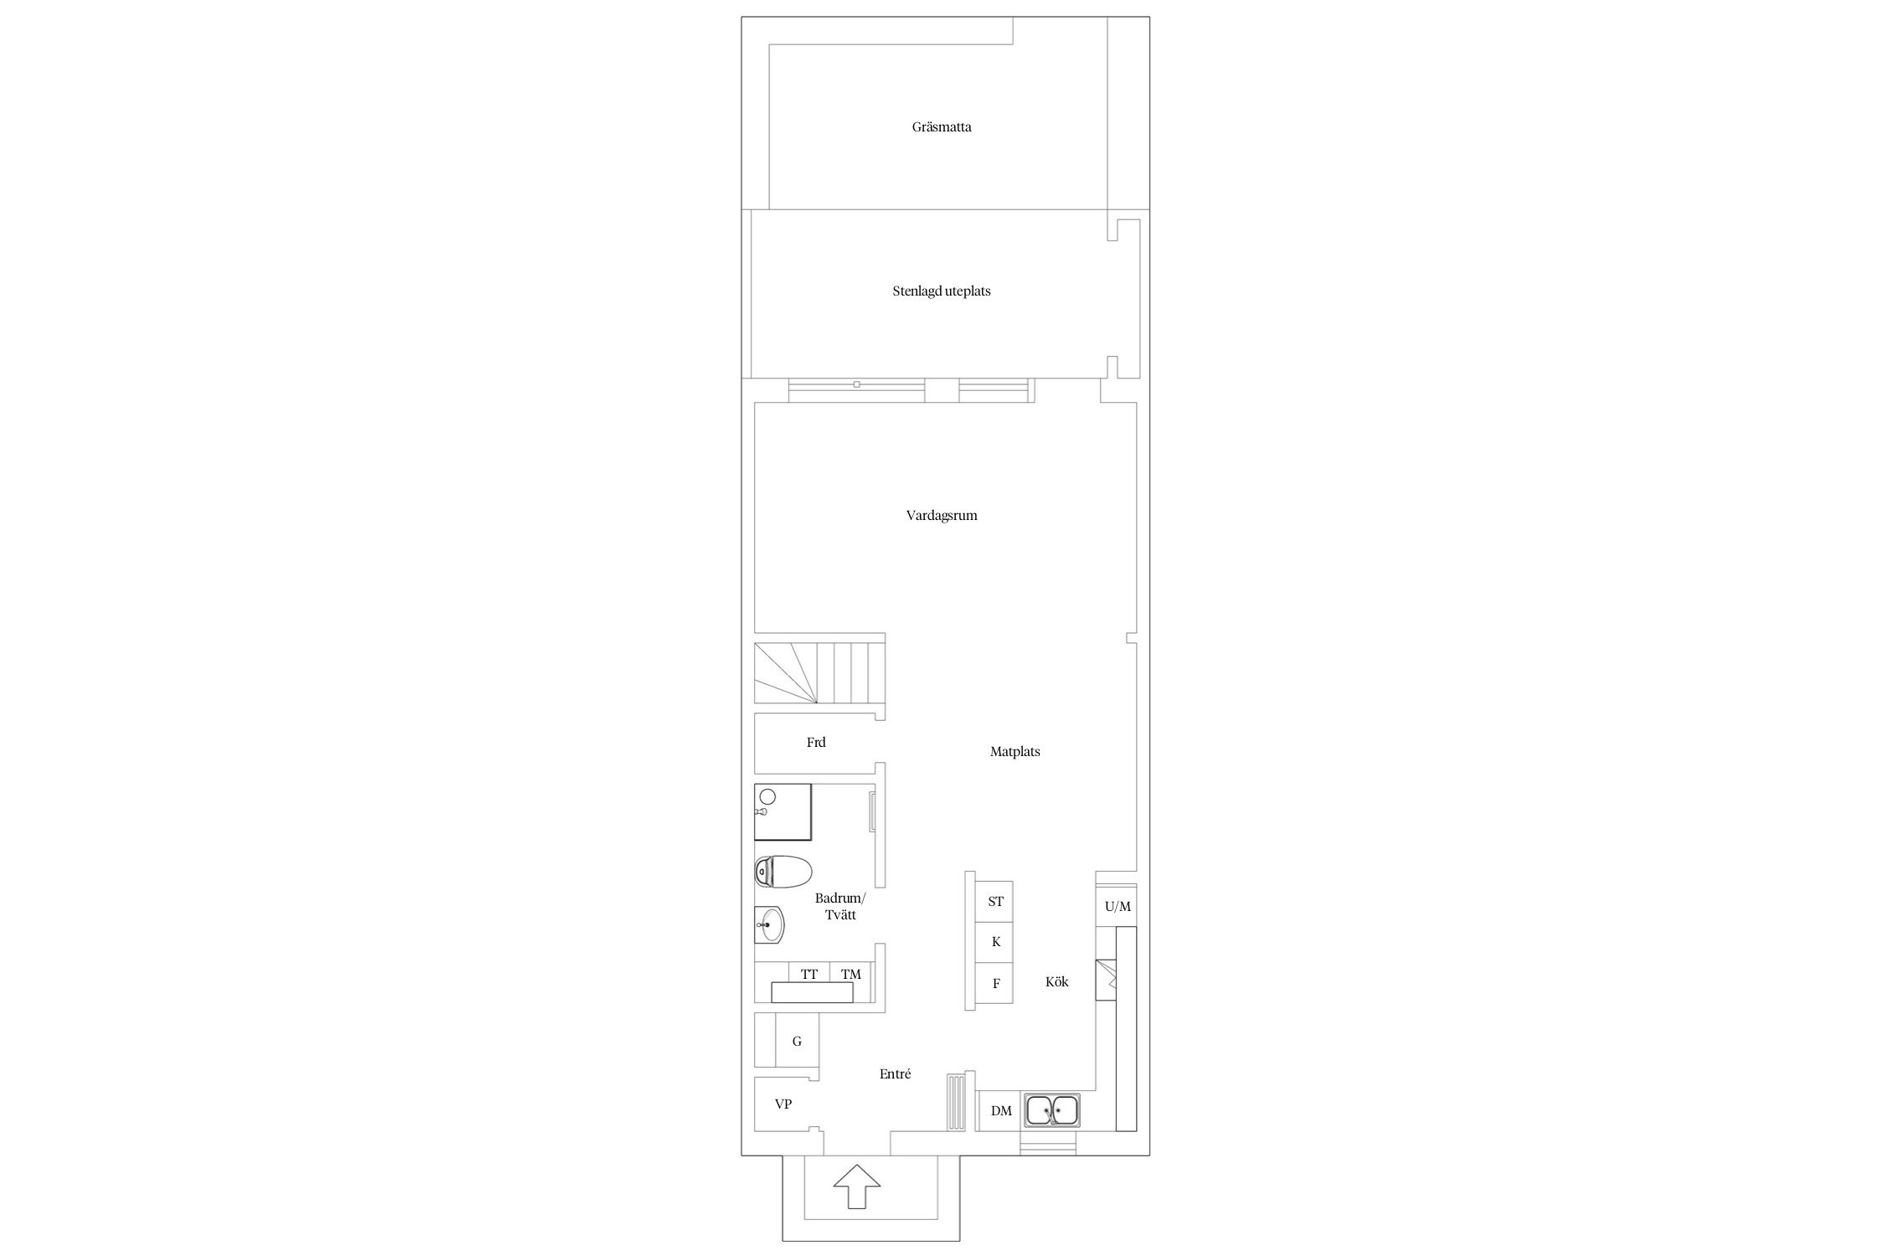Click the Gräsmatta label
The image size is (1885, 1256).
pyautogui.click(x=942, y=127)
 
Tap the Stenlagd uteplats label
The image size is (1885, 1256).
pyautogui.click(x=942, y=291)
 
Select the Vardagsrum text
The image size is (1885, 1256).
pyautogui.click(x=942, y=516)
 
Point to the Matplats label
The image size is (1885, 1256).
pyautogui.click(x=1015, y=752)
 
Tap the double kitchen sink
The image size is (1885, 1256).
pyautogui.click(x=1053, y=1111)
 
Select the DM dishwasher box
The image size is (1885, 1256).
pyautogui.click(x=1000, y=1111)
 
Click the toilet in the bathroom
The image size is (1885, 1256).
pyautogui.click(x=782, y=871)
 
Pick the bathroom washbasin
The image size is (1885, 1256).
pyautogui.click(x=770, y=925)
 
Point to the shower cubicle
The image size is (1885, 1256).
pyautogui.click(x=783, y=811)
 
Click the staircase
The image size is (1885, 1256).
pyautogui.click(x=819, y=672)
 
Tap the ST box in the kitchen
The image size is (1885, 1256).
pyautogui.click(x=995, y=902)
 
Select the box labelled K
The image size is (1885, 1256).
pyautogui.click(x=995, y=942)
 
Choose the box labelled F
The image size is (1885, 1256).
pyautogui.click(x=995, y=983)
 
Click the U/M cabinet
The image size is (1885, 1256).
pyautogui.click(x=1117, y=906)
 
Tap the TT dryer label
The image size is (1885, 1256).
pyautogui.click(x=808, y=974)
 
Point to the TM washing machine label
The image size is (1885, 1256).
pyautogui.click(x=850, y=974)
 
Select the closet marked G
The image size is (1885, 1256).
pyautogui.click(x=797, y=1041)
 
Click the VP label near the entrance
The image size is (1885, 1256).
pyautogui.click(x=782, y=1104)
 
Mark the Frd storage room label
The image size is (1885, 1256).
pyautogui.click(x=815, y=743)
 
